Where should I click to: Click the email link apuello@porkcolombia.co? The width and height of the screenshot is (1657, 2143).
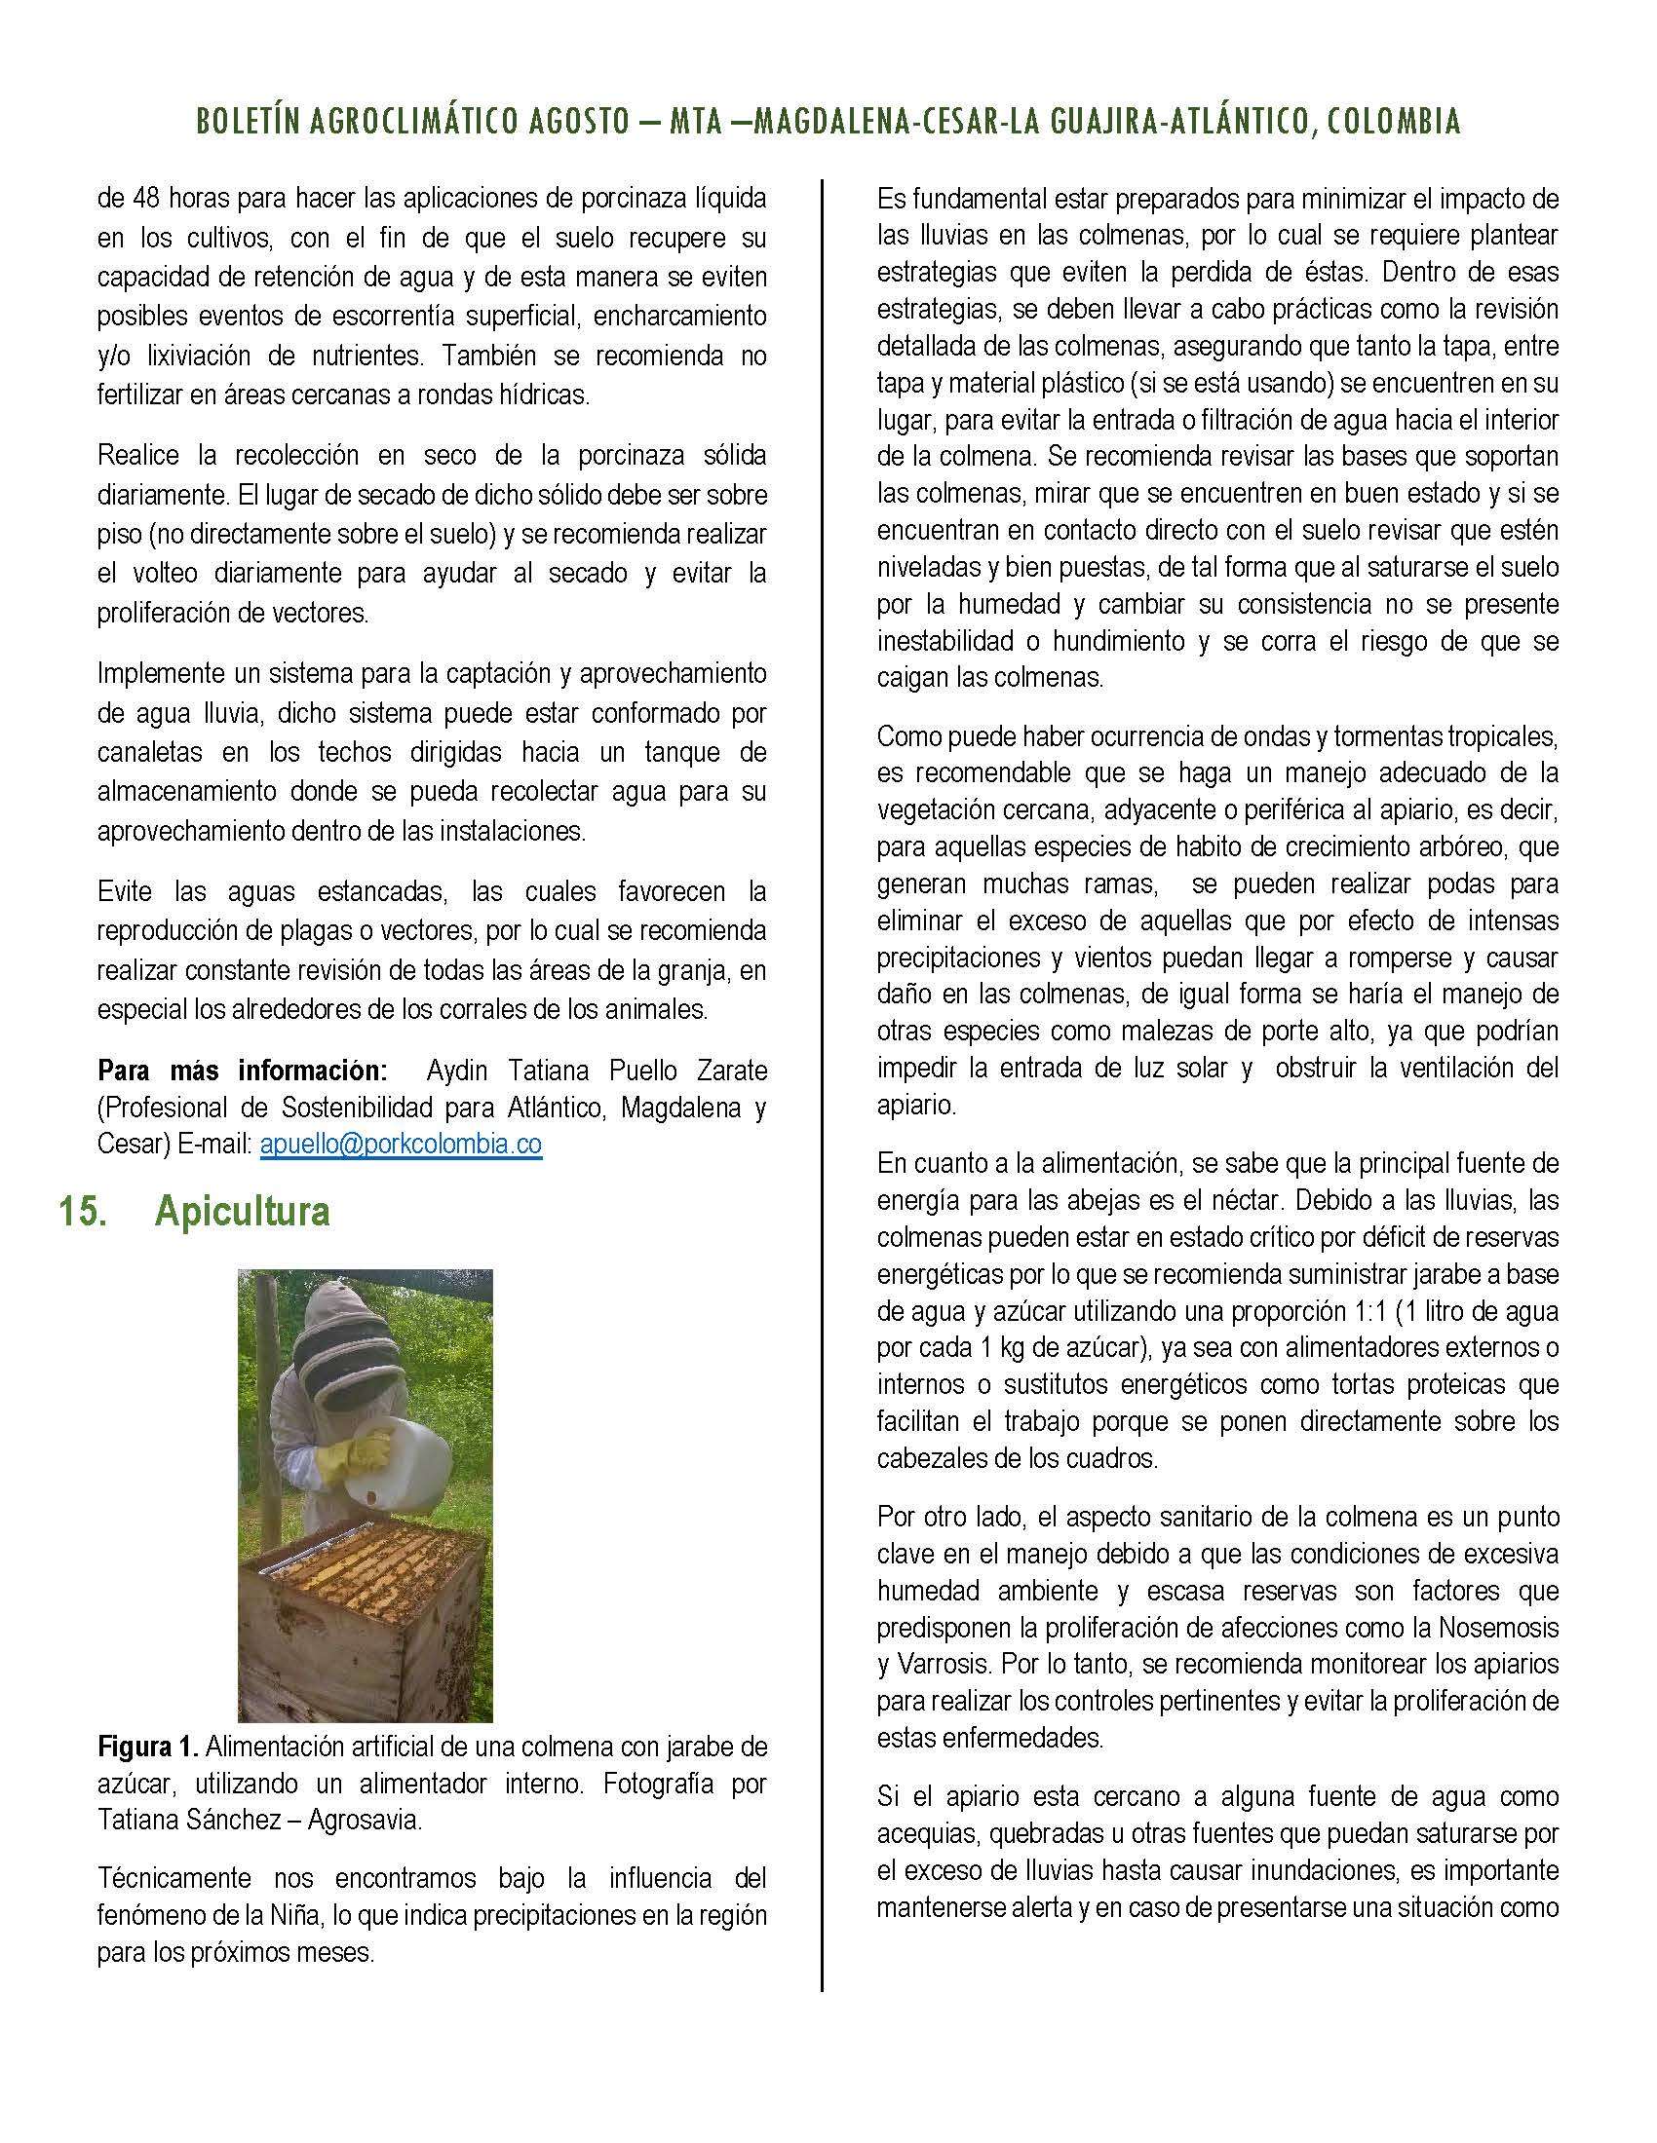pos(401,1145)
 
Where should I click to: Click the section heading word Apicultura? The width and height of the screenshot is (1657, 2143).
pos(242,1212)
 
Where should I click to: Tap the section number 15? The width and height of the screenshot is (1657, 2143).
pos(82,1212)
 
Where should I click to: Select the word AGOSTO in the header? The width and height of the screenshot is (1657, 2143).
pos(570,122)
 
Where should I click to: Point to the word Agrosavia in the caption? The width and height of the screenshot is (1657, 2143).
pos(365,1821)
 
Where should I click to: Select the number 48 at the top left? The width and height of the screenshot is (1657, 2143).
pos(145,199)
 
